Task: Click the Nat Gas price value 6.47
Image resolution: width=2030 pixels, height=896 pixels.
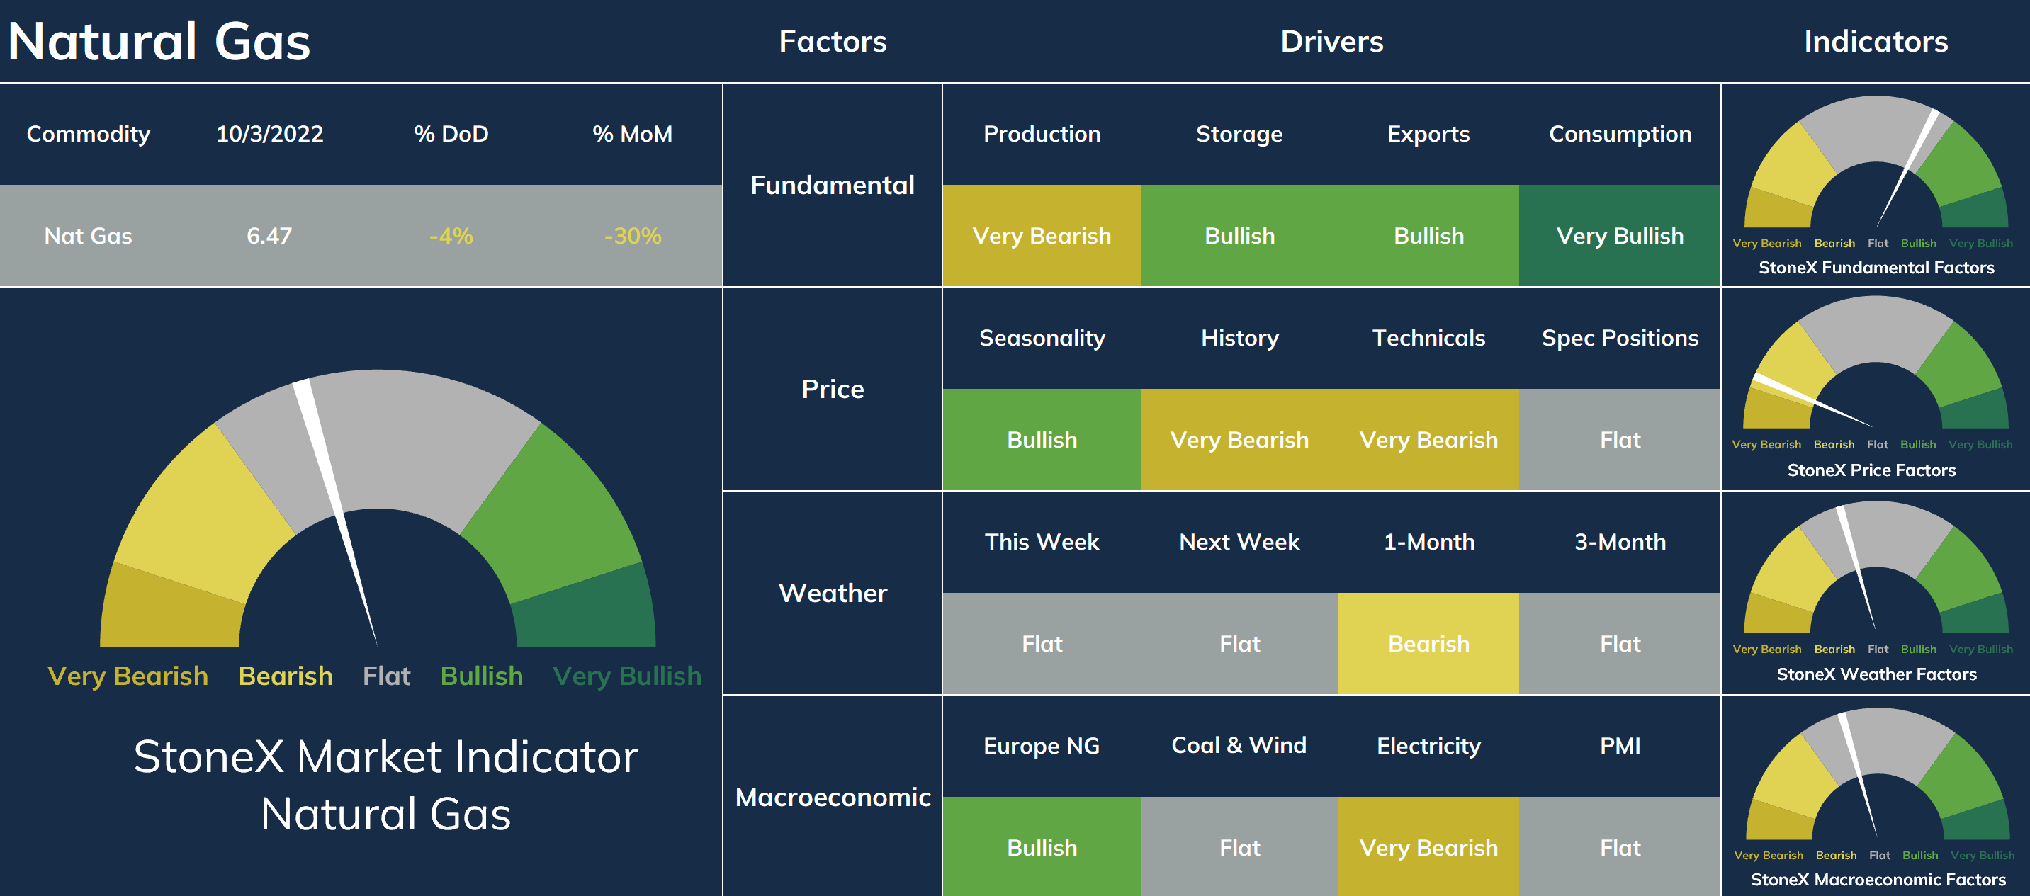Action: (269, 236)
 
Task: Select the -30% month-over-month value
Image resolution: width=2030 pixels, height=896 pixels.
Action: (632, 236)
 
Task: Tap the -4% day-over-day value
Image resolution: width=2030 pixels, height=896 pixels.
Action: (451, 236)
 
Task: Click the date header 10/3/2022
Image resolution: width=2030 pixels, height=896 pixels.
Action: (269, 134)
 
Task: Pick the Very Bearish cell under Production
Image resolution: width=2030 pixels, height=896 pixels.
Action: (1041, 236)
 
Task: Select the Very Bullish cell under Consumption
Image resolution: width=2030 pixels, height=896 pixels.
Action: (1620, 236)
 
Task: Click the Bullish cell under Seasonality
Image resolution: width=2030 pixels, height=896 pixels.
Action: (1041, 440)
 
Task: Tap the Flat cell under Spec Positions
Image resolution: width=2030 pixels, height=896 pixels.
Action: (1620, 440)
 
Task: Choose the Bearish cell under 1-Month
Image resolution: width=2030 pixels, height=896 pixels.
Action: (1428, 644)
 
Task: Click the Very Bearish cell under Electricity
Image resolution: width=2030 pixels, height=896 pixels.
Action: (1428, 847)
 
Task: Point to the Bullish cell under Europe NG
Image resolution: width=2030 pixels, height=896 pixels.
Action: (1041, 847)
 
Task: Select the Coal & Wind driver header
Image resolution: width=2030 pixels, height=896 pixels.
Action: (1239, 744)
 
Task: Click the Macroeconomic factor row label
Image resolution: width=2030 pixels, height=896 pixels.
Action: (833, 797)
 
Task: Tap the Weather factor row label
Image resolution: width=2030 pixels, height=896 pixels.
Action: (833, 593)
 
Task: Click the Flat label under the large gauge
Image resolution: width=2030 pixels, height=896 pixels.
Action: (386, 676)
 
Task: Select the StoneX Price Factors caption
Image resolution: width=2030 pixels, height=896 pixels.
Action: (1871, 470)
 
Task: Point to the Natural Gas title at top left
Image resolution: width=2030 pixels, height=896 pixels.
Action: (159, 41)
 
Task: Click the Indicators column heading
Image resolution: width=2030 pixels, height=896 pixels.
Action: (1876, 41)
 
